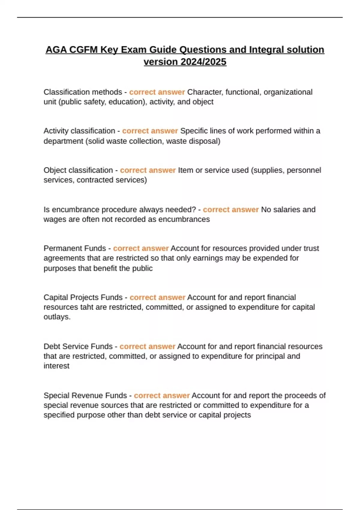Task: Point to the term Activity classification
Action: pos(79,131)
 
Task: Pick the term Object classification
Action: pos(78,170)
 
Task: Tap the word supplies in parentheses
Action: pos(268,170)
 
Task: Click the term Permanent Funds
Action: pos(75,248)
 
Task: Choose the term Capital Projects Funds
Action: pos(83,297)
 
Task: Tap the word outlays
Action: pos(57,317)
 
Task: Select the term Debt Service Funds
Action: pos(78,346)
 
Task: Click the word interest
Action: pos(56,366)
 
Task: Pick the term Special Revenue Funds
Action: pos(85,395)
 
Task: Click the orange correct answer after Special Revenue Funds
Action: pos(162,395)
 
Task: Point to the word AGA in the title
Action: pos(56,49)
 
